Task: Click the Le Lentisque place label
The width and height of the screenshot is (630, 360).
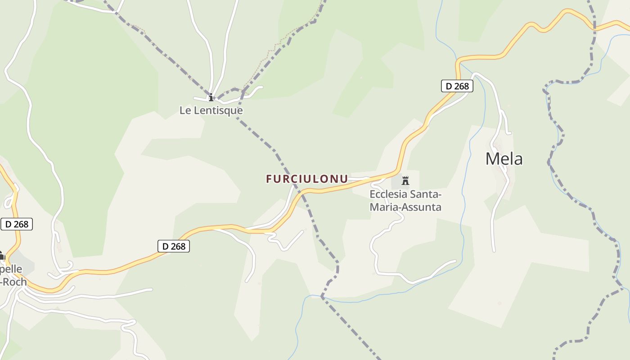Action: pyautogui.click(x=211, y=110)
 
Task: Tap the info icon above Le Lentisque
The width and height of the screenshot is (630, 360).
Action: pyautogui.click(x=211, y=97)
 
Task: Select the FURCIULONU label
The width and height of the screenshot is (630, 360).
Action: pyautogui.click(x=307, y=179)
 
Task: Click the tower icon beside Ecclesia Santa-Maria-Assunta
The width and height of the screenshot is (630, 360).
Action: pyautogui.click(x=405, y=181)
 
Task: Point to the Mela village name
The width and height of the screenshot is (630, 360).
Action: pyautogui.click(x=504, y=159)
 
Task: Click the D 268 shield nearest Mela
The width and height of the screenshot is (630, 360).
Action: pyautogui.click(x=457, y=86)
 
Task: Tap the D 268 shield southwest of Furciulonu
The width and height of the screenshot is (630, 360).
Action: pyautogui.click(x=174, y=246)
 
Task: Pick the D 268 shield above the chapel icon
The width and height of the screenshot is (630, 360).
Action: pyautogui.click(x=17, y=224)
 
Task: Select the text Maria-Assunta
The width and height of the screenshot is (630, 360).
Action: pyautogui.click(x=405, y=207)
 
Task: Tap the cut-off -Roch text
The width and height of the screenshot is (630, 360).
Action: pyautogui.click(x=14, y=282)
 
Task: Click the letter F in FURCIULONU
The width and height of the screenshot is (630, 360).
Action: pyautogui.click(x=269, y=179)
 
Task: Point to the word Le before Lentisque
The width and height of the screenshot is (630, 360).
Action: pyautogui.click(x=184, y=110)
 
